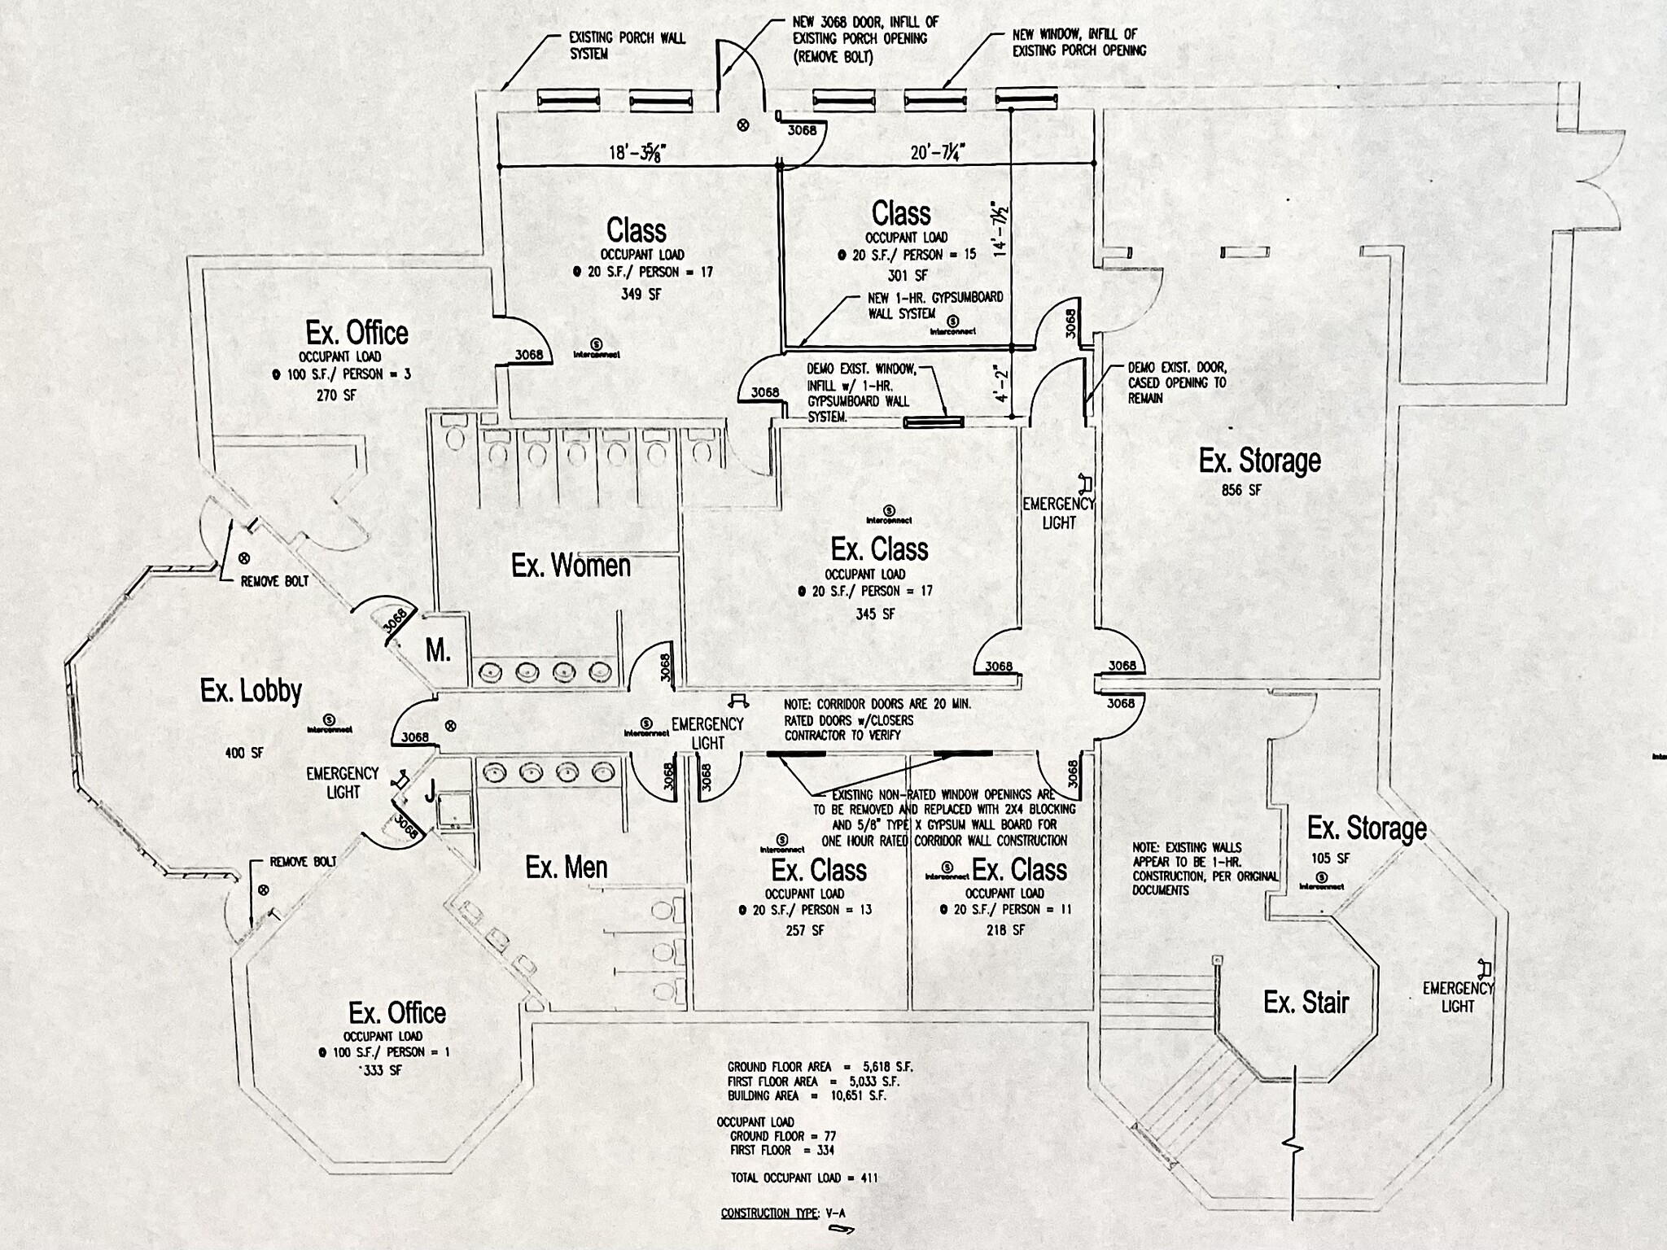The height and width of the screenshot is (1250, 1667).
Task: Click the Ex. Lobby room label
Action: pyautogui.click(x=251, y=691)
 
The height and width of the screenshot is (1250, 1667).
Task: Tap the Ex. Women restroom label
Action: pyautogui.click(x=571, y=566)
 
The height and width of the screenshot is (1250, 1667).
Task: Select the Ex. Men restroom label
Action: pyautogui.click(x=567, y=868)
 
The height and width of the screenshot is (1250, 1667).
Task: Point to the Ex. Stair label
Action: pyautogui.click(x=1306, y=1002)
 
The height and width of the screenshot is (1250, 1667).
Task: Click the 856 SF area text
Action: pyautogui.click(x=1241, y=490)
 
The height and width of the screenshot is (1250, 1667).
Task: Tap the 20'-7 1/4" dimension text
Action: pyautogui.click(x=938, y=152)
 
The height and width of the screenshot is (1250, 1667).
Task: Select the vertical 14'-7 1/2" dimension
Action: pyautogui.click(x=1000, y=229)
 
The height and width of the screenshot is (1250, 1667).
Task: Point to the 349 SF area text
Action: pyautogui.click(x=641, y=294)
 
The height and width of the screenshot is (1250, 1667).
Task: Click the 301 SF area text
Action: pyautogui.click(x=907, y=276)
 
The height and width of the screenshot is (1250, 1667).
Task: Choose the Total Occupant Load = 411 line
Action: pyautogui.click(x=803, y=1178)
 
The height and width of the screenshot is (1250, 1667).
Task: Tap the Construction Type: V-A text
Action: pyautogui.click(x=783, y=1213)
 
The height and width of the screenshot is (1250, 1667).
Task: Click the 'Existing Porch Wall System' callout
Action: pyautogui.click(x=627, y=46)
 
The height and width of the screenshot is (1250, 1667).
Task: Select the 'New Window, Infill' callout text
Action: pyautogui.click(x=1079, y=42)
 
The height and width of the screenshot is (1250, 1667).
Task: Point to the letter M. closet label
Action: pyautogui.click(x=438, y=650)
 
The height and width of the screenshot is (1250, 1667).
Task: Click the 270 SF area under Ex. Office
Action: pyautogui.click(x=336, y=396)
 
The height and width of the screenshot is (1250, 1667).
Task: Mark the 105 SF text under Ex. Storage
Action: pyautogui.click(x=1330, y=859)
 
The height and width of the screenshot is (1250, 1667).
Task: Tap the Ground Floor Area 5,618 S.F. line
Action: pyautogui.click(x=820, y=1067)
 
